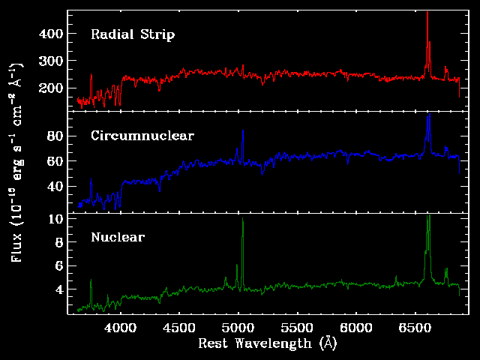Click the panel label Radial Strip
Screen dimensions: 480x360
coord(133,34)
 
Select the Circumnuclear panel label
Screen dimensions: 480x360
coord(142,136)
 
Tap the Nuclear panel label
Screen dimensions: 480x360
coord(118,237)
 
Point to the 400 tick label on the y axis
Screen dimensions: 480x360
coord(51,33)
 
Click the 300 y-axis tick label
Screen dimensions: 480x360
coord(51,61)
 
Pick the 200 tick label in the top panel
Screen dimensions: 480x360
coord(51,88)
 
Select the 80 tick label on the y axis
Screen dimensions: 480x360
coord(55,136)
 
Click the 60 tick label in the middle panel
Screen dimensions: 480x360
coord(55,161)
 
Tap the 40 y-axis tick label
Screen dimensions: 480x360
coord(55,186)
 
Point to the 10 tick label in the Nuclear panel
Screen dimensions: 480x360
coord(56,219)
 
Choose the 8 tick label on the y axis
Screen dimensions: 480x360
coord(59,242)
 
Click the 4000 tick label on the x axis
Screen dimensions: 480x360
coord(120,328)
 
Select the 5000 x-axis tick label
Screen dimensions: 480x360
coord(238,328)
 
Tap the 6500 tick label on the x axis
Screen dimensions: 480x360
coord(415,328)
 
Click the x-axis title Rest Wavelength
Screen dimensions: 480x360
coord(255,343)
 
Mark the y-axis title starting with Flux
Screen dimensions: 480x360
coord(16,162)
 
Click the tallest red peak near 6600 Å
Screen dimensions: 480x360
coord(427,43)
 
